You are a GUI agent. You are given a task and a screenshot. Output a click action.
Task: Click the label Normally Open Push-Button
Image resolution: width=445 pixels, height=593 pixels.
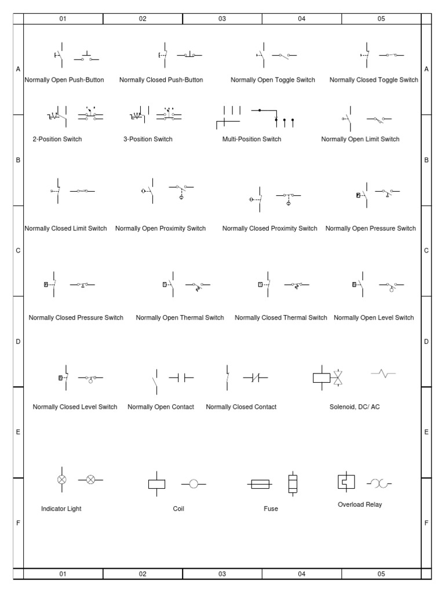tap(64, 80)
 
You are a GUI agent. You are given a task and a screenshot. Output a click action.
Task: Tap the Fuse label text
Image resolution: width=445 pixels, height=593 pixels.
tap(271, 509)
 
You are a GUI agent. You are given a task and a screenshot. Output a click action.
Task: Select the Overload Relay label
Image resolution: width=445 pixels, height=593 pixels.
tap(360, 504)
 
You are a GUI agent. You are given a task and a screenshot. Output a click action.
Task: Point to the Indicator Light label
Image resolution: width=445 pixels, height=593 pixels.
tap(61, 509)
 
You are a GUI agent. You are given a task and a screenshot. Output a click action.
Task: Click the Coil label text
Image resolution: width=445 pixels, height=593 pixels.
tap(178, 509)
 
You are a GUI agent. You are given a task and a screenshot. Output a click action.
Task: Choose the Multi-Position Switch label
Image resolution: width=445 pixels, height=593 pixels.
tap(251, 139)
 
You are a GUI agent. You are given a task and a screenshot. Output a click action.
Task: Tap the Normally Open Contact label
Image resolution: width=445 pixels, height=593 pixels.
tap(161, 407)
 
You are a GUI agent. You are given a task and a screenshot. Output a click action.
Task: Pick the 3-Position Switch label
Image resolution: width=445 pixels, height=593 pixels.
tap(148, 139)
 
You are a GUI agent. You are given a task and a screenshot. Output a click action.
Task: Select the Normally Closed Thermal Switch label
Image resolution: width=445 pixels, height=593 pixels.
tap(281, 318)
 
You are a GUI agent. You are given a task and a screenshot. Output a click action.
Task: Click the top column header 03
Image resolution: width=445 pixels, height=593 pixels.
tap(222, 19)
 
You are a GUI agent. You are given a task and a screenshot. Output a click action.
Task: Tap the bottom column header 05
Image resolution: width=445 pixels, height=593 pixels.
tap(381, 574)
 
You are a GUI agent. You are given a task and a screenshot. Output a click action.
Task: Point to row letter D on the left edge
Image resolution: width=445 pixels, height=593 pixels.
tap(18, 342)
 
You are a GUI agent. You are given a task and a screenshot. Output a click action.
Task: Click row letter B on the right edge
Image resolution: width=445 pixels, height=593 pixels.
tap(426, 160)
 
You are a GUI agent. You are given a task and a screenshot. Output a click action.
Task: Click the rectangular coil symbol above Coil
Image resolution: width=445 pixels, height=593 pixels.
tap(157, 484)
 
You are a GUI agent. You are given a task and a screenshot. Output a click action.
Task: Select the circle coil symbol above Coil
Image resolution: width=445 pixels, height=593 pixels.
tap(194, 484)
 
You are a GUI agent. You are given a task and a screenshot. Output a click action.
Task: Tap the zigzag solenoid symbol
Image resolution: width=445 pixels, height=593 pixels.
tap(383, 374)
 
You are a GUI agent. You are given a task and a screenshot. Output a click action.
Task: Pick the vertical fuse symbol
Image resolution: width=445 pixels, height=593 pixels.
tap(293, 484)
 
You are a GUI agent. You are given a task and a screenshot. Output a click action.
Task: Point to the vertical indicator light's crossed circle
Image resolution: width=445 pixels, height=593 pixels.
tap(61, 479)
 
